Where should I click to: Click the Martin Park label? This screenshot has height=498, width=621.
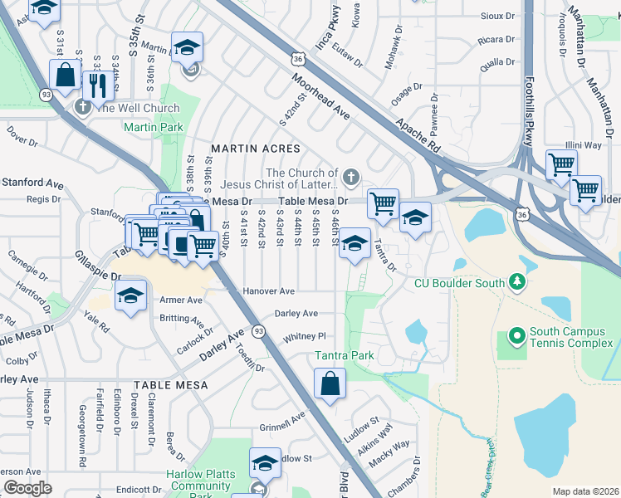pyautogui.click(x=153, y=128)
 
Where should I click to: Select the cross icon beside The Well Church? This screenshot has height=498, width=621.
pyautogui.click(x=82, y=107)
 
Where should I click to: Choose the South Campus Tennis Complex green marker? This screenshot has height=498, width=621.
pyautogui.click(x=516, y=336)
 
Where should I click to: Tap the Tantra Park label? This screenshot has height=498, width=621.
pyautogui.click(x=345, y=356)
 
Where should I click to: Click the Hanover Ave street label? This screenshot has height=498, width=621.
pyautogui.click(x=269, y=292)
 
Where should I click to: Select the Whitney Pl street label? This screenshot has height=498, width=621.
pyautogui.click(x=305, y=336)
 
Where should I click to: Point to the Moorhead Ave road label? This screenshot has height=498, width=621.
pyautogui.click(x=320, y=97)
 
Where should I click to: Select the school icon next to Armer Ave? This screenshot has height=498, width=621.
pyautogui.click(x=130, y=296)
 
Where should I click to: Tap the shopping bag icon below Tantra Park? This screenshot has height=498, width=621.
pyautogui.click(x=330, y=384)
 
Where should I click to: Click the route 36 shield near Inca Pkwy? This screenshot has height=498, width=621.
pyautogui.click(x=298, y=59)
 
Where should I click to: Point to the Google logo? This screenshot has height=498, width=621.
pyautogui.click(x=27, y=488)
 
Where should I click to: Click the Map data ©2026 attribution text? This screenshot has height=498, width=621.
pyautogui.click(x=585, y=491)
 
